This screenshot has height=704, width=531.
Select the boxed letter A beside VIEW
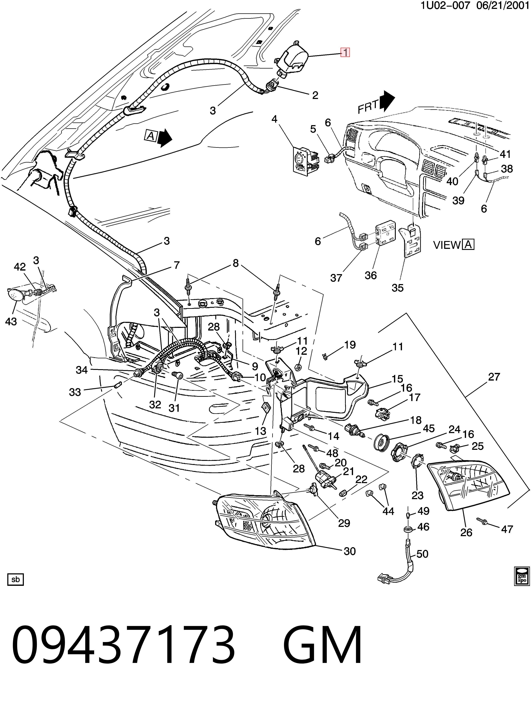click(x=468, y=244)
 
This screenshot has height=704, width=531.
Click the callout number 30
click(x=350, y=551)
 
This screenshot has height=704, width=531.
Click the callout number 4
click(x=274, y=119)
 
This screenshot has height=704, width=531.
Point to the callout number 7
click(x=176, y=265)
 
